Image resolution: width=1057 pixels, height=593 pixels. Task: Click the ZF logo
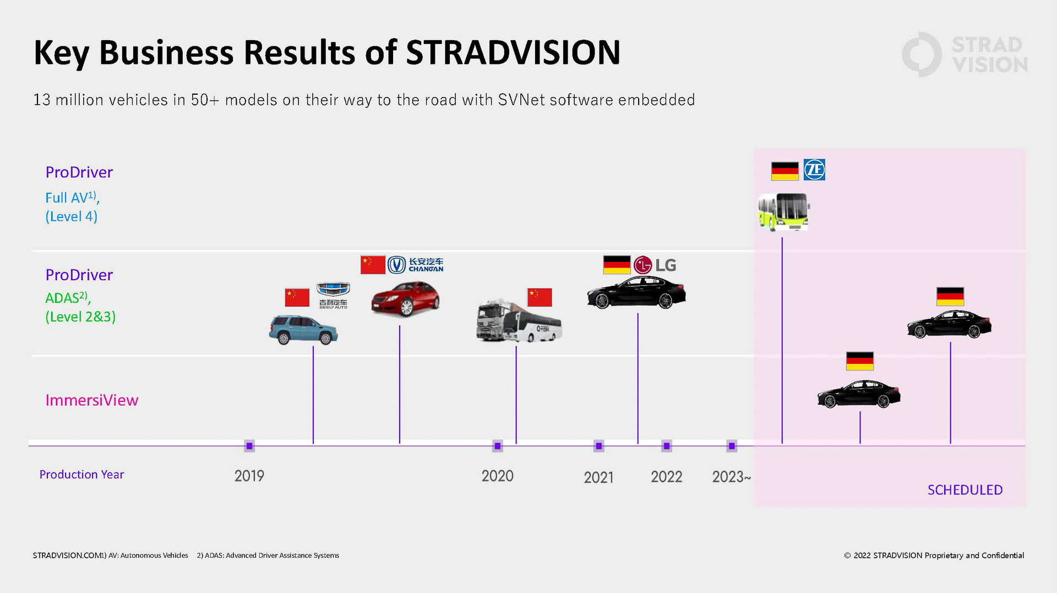pos(814,170)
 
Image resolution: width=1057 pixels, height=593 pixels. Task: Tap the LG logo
pos(655,265)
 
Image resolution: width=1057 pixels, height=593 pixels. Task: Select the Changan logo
pos(416,265)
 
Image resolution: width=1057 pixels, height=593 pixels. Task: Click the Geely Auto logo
pos(333,295)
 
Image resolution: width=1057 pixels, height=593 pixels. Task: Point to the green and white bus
pos(783,211)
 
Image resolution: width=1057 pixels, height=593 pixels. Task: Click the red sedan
pos(406,298)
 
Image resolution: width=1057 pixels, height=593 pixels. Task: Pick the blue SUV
pos(303,329)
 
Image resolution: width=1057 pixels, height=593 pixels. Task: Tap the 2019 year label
pos(249,476)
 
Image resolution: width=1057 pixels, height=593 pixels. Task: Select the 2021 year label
pos(598,477)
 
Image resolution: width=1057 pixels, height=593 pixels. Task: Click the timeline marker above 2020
pos(498,446)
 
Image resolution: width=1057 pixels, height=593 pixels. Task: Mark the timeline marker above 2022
pos(667,446)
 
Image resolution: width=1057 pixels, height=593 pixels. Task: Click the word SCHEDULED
pos(965,489)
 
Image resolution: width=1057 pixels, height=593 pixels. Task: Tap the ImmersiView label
pos(92,400)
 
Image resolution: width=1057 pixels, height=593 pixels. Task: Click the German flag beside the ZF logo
pos(784,171)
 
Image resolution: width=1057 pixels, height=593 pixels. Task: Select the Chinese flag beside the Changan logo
pos(373,265)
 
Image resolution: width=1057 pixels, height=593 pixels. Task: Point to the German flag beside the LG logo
pos(617,265)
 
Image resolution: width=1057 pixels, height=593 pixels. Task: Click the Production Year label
pos(81,474)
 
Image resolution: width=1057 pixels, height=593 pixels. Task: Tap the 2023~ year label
pos(731,477)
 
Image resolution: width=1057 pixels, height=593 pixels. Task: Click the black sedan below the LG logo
pos(636,292)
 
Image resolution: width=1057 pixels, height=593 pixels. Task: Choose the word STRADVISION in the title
pos(513,53)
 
